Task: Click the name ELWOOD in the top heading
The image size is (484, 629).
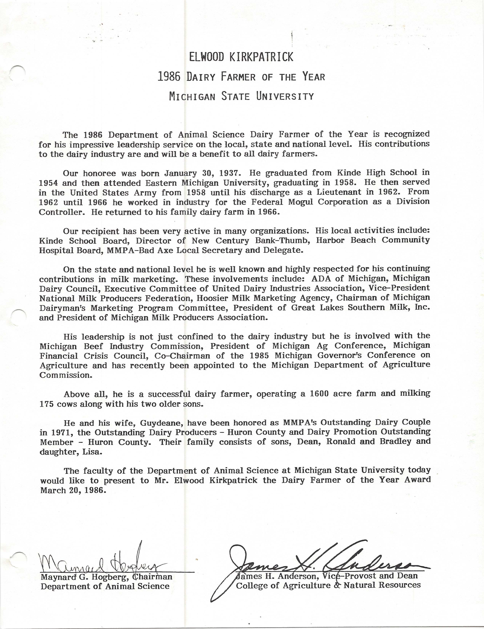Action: tap(206, 57)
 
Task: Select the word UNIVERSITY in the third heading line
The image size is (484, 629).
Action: tap(285, 96)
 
